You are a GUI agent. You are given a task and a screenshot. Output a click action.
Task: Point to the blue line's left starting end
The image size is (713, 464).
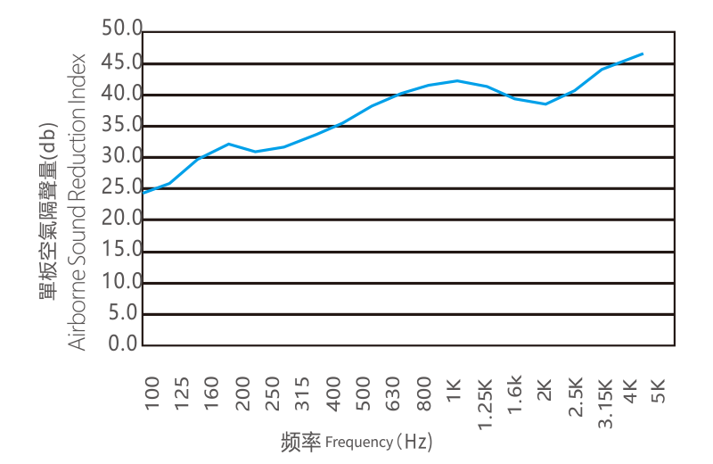point(144,193)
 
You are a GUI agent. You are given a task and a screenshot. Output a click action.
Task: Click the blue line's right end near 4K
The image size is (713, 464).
point(643,54)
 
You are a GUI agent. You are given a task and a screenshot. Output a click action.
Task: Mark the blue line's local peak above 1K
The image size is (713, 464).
point(457,80)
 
